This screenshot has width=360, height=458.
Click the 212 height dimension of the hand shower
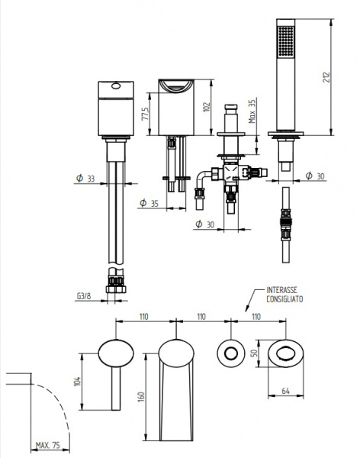[x=326, y=77]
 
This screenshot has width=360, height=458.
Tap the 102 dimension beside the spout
[x=207, y=107]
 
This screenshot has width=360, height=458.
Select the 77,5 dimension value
[x=146, y=113]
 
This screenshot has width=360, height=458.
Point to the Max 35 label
[x=252, y=111]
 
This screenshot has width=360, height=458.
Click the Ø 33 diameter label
[x=85, y=178]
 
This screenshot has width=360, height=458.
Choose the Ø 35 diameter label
[x=149, y=203]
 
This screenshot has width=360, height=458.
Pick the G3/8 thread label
[x=84, y=296]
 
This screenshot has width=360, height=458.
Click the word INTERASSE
[x=281, y=290]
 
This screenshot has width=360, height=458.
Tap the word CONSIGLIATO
[x=284, y=299]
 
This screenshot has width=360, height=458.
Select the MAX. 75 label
[x=48, y=446]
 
